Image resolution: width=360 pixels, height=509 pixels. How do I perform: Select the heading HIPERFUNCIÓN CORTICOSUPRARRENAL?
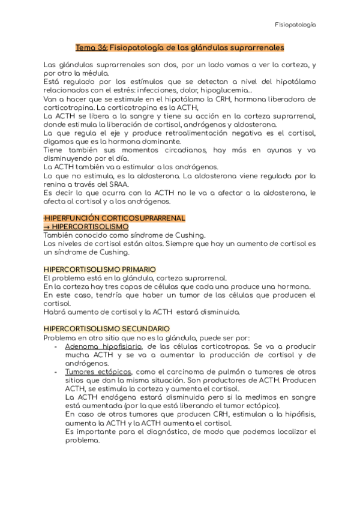115,218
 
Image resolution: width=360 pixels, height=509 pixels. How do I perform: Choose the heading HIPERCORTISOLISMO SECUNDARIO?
107,328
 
